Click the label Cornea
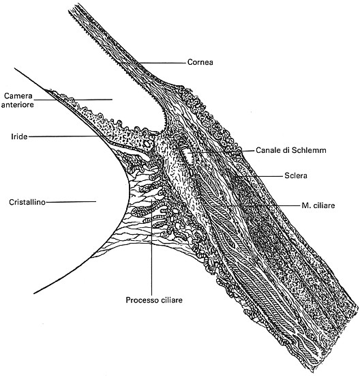[200, 62]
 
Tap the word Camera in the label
[18, 96]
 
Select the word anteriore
[18, 104]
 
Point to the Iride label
[19, 136]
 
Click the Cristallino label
[27, 202]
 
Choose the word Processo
[140, 300]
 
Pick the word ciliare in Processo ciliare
[169, 300]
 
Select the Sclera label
[296, 176]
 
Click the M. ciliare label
[318, 205]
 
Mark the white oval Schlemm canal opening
[189, 156]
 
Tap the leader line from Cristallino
[71, 202]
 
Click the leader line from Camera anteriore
[72, 99]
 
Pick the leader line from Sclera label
[258, 176]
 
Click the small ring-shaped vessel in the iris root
[146, 144]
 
